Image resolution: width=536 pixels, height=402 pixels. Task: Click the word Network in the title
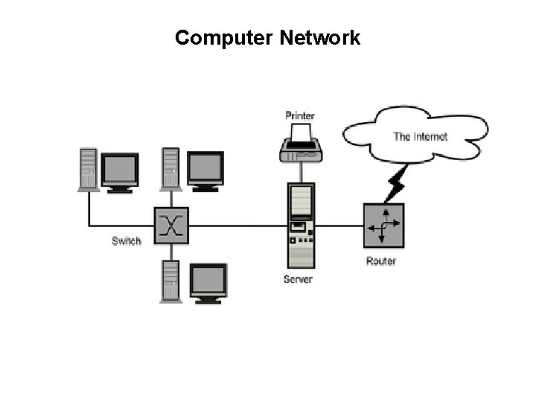pyautogui.click(x=320, y=38)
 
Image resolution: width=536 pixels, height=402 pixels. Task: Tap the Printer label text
pyautogui.click(x=300, y=115)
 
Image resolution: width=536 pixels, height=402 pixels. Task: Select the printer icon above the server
pyautogui.click(x=301, y=145)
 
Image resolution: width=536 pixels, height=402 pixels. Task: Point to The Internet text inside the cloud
pyautogui.click(x=420, y=136)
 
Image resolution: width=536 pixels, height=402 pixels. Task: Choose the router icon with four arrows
pyautogui.click(x=383, y=226)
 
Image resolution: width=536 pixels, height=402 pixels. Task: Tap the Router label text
pyautogui.click(x=381, y=261)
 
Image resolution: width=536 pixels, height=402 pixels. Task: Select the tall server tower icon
pyautogui.click(x=301, y=226)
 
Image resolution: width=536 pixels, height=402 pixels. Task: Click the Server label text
pyautogui.click(x=298, y=279)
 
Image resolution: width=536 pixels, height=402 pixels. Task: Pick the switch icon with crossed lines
pyautogui.click(x=172, y=226)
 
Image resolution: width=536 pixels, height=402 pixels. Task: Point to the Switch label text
pyautogui.click(x=126, y=240)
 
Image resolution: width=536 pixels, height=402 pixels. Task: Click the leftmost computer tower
pyautogui.click(x=89, y=170)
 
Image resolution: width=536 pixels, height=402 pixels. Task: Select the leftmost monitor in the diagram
pyautogui.click(x=120, y=172)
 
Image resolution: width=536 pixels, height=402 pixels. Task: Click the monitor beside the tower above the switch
pyautogui.click(x=205, y=170)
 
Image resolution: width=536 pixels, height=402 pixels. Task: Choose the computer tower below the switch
pyautogui.click(x=170, y=281)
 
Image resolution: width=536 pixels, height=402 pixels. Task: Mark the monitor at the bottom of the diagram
pyautogui.click(x=208, y=282)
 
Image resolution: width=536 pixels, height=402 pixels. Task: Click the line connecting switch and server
pyautogui.click(x=238, y=226)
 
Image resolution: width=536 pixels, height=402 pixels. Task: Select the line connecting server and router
pyautogui.click(x=339, y=226)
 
